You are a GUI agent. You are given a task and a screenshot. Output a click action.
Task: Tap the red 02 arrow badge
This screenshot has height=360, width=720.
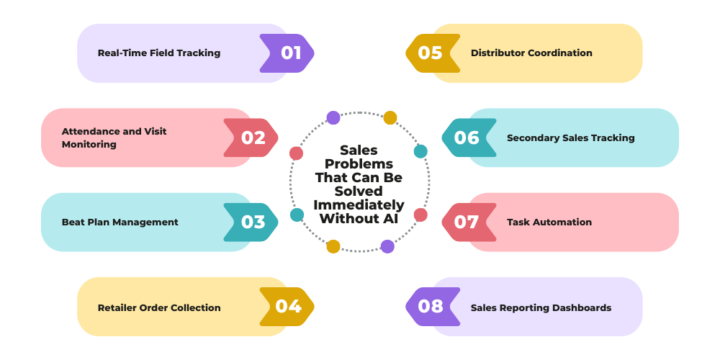(251, 138)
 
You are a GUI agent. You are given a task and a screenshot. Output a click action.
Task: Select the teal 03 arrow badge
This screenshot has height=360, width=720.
(251, 222)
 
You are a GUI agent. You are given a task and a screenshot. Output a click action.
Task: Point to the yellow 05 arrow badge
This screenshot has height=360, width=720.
(433, 53)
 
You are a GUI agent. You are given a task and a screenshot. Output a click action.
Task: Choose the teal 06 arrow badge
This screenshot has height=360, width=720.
(469, 138)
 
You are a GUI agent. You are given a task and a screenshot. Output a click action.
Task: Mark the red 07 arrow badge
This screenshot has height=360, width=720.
(469, 222)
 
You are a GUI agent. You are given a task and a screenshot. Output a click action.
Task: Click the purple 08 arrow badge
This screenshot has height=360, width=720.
(433, 307)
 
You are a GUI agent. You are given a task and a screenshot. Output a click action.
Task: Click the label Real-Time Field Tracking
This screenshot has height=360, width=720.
(159, 53)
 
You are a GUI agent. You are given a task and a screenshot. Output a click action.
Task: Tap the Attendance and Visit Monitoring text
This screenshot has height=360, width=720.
(114, 138)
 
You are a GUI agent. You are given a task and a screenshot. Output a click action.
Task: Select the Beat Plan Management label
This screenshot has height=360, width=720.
(120, 222)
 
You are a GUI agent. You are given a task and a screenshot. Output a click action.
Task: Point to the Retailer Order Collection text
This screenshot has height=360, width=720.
(159, 307)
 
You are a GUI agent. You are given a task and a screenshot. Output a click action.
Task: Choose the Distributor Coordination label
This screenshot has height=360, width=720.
(531, 53)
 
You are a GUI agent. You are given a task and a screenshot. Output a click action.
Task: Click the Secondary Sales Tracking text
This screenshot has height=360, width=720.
(571, 138)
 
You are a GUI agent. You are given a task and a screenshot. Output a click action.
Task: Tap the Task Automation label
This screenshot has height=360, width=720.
(549, 222)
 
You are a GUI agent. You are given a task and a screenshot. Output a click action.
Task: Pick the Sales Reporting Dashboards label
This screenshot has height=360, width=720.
(541, 307)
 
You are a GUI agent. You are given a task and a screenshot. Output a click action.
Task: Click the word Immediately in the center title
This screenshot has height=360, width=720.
(359, 204)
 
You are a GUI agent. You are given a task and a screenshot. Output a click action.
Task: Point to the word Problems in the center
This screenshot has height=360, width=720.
(359, 164)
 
